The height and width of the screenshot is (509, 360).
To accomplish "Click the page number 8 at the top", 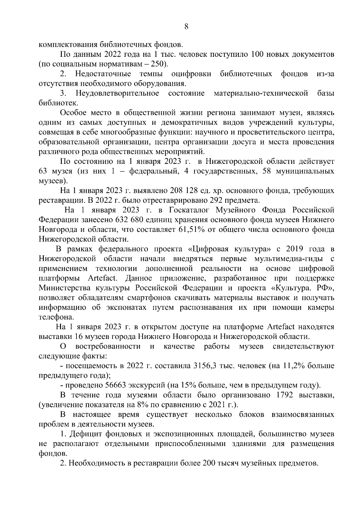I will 186,27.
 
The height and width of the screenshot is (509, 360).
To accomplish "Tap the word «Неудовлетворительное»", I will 117,93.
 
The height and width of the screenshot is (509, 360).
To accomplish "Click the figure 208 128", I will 184,191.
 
